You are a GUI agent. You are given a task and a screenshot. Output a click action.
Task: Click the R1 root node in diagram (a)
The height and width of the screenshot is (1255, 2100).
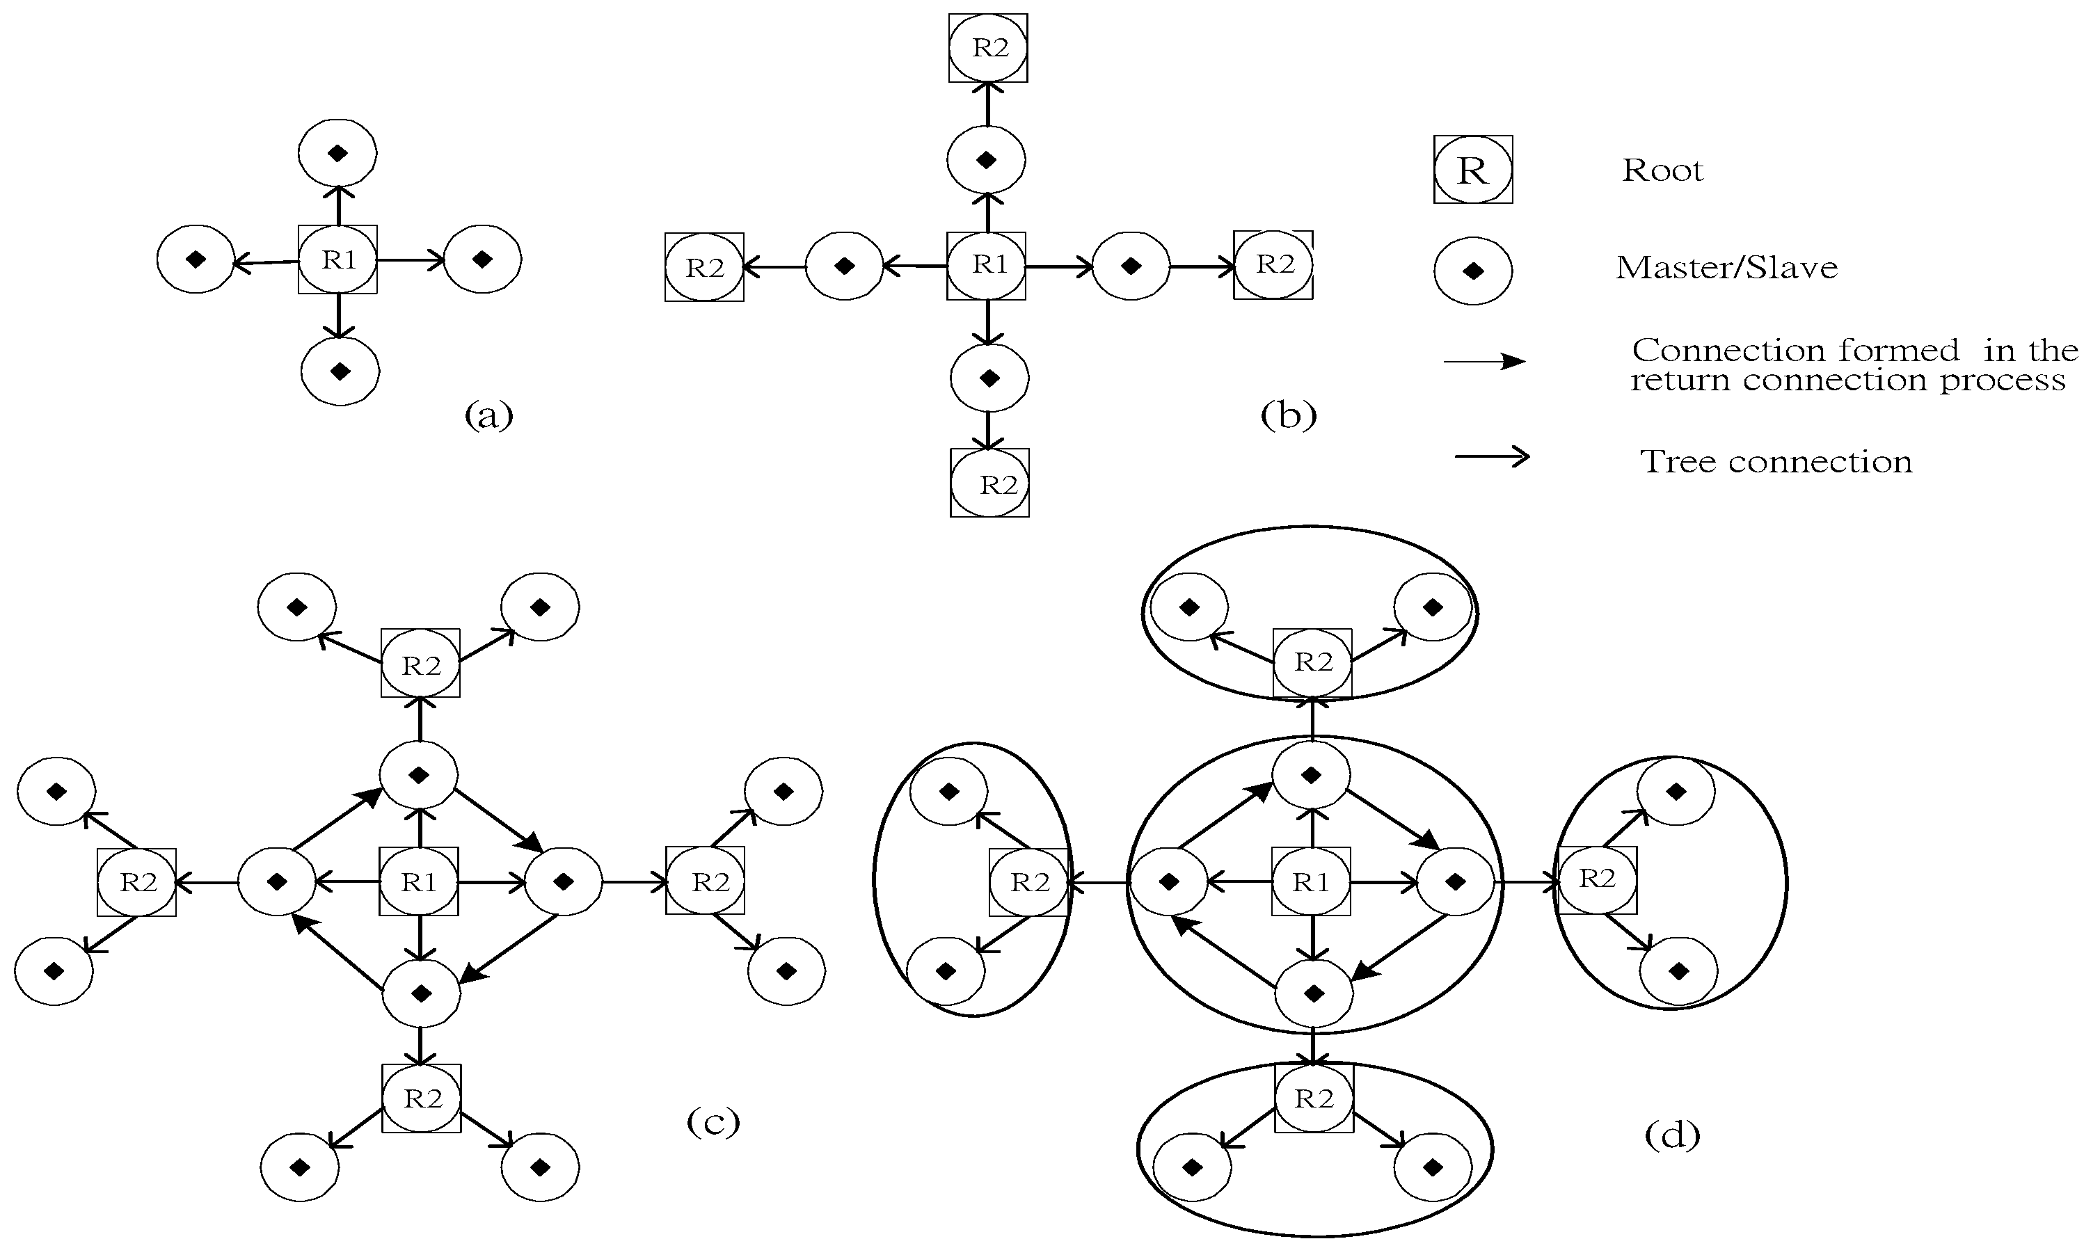337,259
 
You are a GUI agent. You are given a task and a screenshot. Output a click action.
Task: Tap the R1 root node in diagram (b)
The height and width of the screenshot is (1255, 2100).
986,266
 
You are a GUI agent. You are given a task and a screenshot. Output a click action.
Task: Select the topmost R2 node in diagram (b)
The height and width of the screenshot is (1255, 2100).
988,47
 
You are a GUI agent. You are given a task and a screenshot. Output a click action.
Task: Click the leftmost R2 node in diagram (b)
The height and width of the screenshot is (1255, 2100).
703,267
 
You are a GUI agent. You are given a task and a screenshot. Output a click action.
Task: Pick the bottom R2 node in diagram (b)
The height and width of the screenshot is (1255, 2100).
989,483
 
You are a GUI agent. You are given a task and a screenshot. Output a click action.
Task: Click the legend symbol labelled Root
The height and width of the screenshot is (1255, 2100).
1472,170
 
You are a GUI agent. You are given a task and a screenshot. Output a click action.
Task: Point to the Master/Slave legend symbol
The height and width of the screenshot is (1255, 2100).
1472,271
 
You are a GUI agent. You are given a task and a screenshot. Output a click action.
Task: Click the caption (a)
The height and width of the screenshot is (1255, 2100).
489,415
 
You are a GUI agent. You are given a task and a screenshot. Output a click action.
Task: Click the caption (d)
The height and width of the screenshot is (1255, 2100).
1671,1134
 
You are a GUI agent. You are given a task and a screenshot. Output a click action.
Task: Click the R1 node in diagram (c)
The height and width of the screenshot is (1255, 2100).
419,882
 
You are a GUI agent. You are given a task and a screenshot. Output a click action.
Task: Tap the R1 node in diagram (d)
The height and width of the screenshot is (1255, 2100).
1311,882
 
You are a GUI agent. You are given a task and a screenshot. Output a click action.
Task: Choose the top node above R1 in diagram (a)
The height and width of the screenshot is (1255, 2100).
337,153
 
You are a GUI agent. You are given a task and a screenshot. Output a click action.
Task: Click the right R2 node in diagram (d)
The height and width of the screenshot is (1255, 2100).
1597,879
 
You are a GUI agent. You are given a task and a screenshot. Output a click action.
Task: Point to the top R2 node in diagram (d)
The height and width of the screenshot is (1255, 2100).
1312,662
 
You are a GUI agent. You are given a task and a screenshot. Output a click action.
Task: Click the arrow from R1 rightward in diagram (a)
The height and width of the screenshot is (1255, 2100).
411,260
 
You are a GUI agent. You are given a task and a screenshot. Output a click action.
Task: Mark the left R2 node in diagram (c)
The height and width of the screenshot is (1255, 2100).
137,882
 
